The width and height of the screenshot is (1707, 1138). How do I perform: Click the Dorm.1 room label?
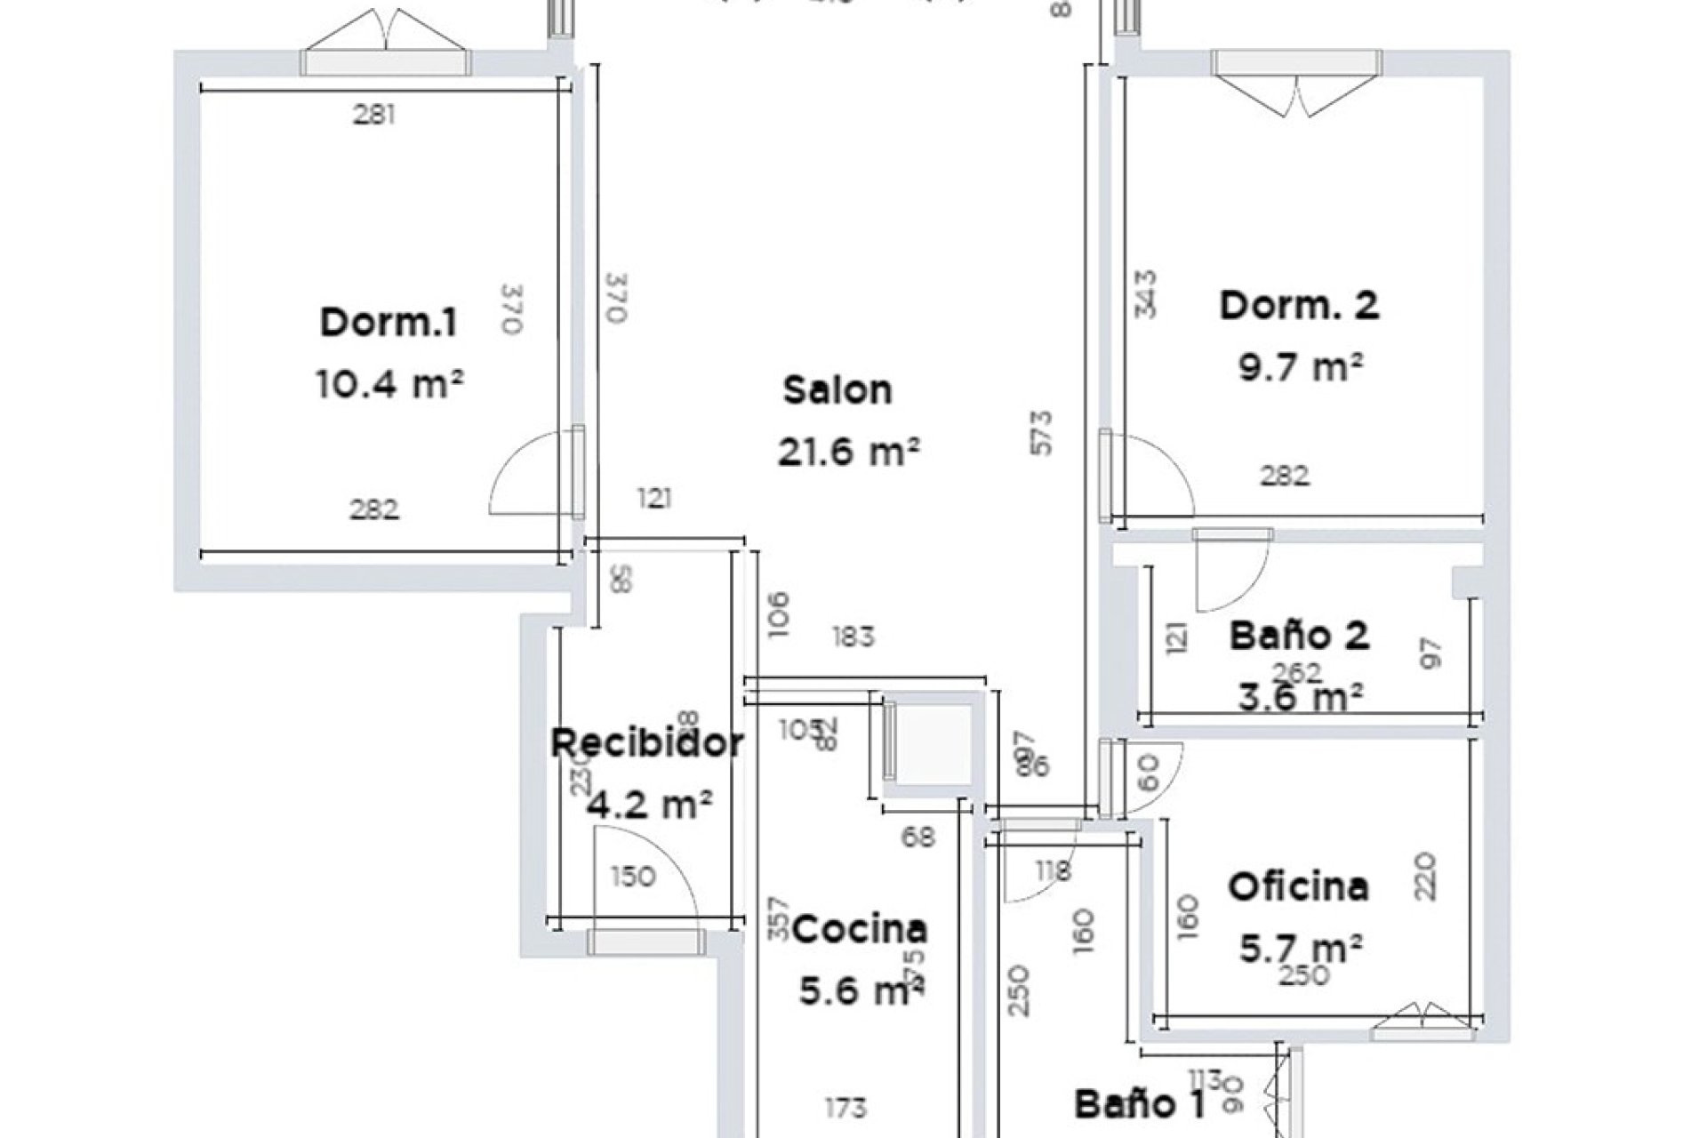click(x=389, y=323)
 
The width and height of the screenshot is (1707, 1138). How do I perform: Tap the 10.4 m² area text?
click(x=389, y=385)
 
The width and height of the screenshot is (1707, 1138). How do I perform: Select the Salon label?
click(x=837, y=390)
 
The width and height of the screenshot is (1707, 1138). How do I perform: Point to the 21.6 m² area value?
click(x=847, y=453)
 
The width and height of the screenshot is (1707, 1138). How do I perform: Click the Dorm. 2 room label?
click(x=1299, y=306)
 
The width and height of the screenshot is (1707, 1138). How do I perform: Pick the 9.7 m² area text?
click(x=1301, y=366)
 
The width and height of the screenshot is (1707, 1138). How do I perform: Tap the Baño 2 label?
click(x=1299, y=636)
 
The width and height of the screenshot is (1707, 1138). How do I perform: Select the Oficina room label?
click(x=1298, y=886)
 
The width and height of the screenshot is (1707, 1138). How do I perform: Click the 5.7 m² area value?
click(x=1301, y=949)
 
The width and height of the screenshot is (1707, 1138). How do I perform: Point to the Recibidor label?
click(x=647, y=743)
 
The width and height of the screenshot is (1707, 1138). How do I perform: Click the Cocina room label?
click(x=860, y=930)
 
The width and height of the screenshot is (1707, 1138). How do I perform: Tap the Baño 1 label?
click(x=1140, y=1105)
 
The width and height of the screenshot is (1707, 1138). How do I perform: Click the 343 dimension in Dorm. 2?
click(x=1147, y=294)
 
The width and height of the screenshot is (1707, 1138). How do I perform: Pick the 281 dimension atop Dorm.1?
click(x=373, y=115)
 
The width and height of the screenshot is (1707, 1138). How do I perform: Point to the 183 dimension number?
click(x=853, y=637)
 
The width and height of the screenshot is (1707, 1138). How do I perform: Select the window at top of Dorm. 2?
click(x=1298, y=62)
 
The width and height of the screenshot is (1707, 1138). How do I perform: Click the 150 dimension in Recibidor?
click(x=633, y=877)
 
